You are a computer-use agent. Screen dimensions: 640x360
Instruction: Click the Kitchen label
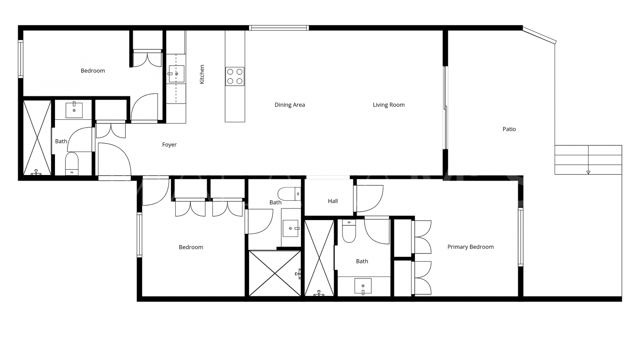coord(202,74)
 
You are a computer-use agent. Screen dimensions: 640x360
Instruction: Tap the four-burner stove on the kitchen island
coord(235,76)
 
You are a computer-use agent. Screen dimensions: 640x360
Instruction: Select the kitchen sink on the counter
coord(176,74)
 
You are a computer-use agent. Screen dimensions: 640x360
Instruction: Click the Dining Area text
coord(290,105)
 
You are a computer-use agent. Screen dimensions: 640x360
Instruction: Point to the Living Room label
coord(389,105)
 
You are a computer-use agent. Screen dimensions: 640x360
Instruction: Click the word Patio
coord(509,129)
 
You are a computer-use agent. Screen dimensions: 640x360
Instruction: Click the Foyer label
coord(169,145)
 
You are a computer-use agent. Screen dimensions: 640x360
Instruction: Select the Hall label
coord(333,201)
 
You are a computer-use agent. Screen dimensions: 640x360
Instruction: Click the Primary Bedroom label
coord(470,247)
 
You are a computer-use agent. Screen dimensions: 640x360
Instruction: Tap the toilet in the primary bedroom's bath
coord(349,231)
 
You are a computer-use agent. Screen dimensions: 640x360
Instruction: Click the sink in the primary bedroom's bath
coord(363,286)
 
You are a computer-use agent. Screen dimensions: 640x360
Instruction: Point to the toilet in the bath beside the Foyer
coord(72,164)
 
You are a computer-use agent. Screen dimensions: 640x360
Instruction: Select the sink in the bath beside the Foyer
coord(74,110)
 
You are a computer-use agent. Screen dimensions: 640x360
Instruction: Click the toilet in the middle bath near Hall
coord(289,194)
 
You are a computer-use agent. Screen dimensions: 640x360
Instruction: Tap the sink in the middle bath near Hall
coord(290,228)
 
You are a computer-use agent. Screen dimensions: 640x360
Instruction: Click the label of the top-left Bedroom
coord(93,71)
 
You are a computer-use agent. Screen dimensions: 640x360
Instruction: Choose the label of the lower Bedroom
coord(191,247)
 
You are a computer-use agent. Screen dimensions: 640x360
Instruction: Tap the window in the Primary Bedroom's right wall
coord(520,237)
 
